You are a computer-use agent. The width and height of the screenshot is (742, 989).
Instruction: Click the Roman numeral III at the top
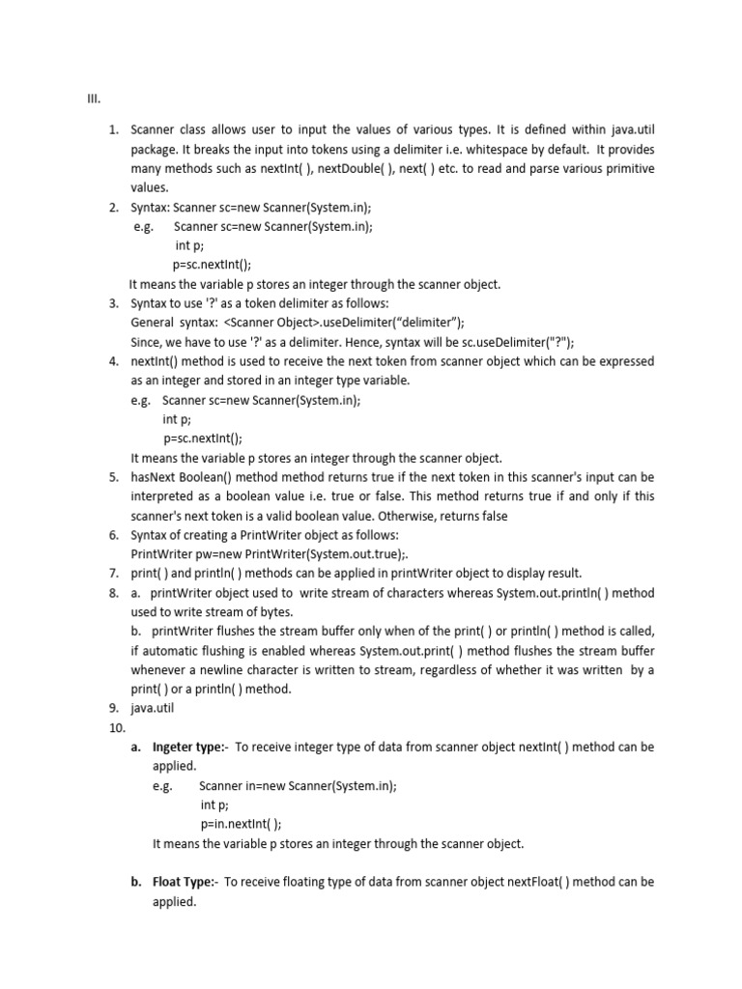[94, 99]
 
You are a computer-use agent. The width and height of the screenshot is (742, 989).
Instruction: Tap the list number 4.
[113, 361]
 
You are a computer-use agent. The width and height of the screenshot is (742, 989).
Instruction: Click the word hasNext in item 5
[154, 477]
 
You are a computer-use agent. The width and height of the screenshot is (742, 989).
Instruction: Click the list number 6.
[113, 535]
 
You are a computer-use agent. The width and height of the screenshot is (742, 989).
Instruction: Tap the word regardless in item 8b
[441, 670]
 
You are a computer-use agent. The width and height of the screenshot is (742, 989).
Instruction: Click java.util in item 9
[153, 709]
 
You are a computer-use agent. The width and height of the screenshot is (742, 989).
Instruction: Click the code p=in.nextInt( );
[241, 824]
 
